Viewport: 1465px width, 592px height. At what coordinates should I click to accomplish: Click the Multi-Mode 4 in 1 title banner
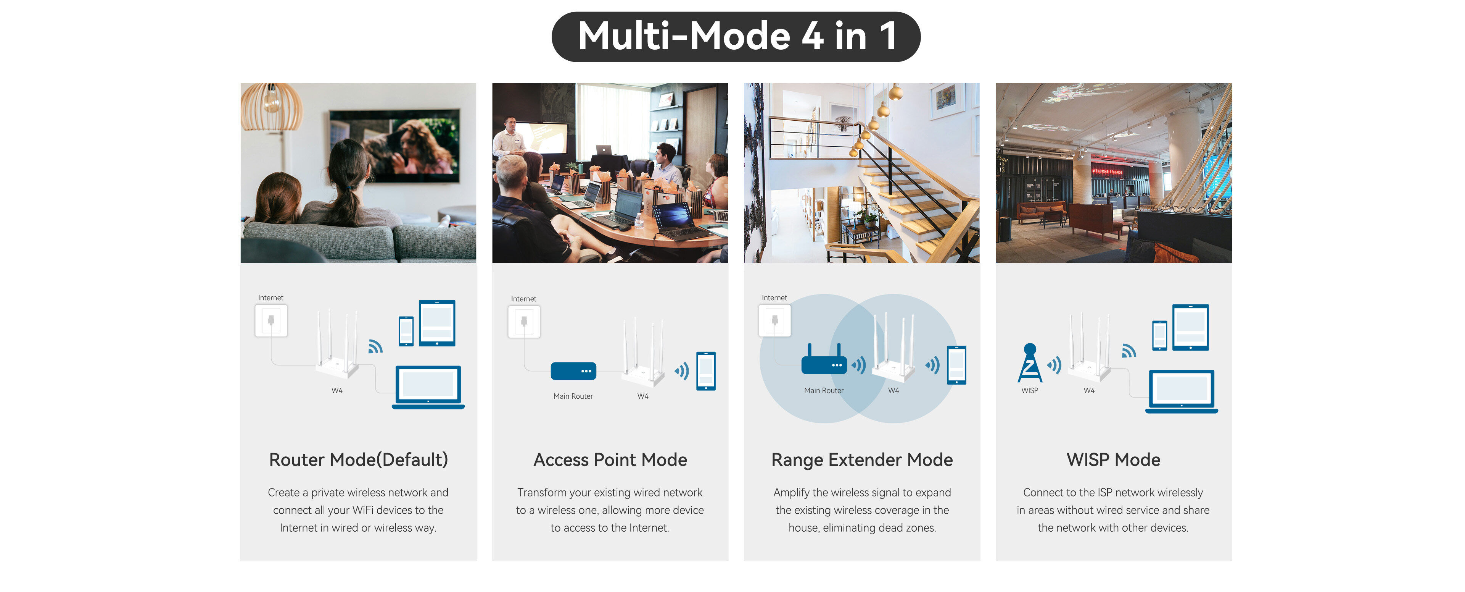click(x=736, y=36)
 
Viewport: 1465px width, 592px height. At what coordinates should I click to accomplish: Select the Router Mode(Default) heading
click(x=358, y=459)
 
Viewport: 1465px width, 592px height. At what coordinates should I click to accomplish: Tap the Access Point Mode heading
click(x=610, y=459)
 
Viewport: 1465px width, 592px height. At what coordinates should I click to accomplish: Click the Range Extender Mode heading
click(x=861, y=460)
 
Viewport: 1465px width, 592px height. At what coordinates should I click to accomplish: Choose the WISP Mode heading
click(x=1113, y=459)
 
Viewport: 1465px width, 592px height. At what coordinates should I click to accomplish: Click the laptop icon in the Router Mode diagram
click(x=428, y=387)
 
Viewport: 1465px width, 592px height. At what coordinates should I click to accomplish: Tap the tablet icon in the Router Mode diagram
click(x=437, y=323)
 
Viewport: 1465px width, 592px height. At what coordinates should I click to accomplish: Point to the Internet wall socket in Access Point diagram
click(x=524, y=322)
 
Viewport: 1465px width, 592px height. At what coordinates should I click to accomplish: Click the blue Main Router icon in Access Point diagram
click(x=573, y=371)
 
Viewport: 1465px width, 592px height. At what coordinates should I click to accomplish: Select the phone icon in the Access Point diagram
click(x=706, y=371)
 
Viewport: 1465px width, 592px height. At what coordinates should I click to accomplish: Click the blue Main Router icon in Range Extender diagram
click(x=824, y=361)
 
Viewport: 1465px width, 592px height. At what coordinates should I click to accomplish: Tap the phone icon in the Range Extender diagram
click(x=956, y=365)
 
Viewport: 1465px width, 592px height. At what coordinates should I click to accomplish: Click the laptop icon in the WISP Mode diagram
click(x=1181, y=391)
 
